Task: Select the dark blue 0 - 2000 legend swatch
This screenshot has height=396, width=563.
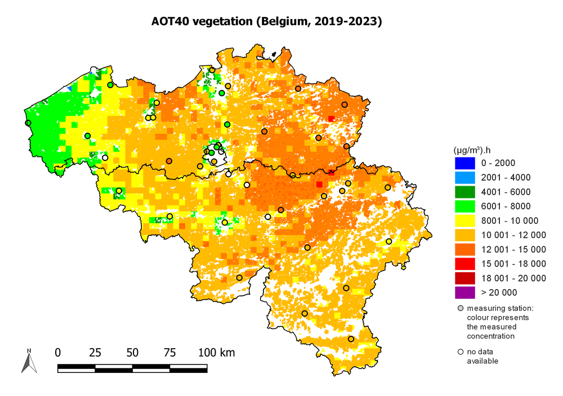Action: point(464,163)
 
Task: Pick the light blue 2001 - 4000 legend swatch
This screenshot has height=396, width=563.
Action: point(464,178)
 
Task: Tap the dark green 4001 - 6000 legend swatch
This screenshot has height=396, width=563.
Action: point(464,192)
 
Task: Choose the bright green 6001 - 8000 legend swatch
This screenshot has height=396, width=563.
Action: point(464,206)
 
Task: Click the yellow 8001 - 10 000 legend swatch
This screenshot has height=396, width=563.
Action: point(464,220)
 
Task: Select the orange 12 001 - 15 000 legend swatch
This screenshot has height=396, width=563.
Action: point(464,249)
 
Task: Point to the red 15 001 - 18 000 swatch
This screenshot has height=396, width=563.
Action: point(464,263)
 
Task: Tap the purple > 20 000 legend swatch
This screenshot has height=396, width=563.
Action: point(464,292)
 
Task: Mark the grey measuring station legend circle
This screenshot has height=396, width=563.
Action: point(461,308)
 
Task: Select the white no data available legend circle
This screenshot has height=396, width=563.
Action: point(461,352)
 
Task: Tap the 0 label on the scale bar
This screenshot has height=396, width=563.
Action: point(58,353)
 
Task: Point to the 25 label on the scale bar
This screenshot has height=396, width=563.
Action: point(95,353)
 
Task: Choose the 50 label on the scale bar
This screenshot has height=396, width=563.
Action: point(132,353)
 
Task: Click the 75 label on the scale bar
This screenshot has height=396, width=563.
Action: point(169,353)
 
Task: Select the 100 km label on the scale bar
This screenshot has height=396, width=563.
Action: point(216,353)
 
